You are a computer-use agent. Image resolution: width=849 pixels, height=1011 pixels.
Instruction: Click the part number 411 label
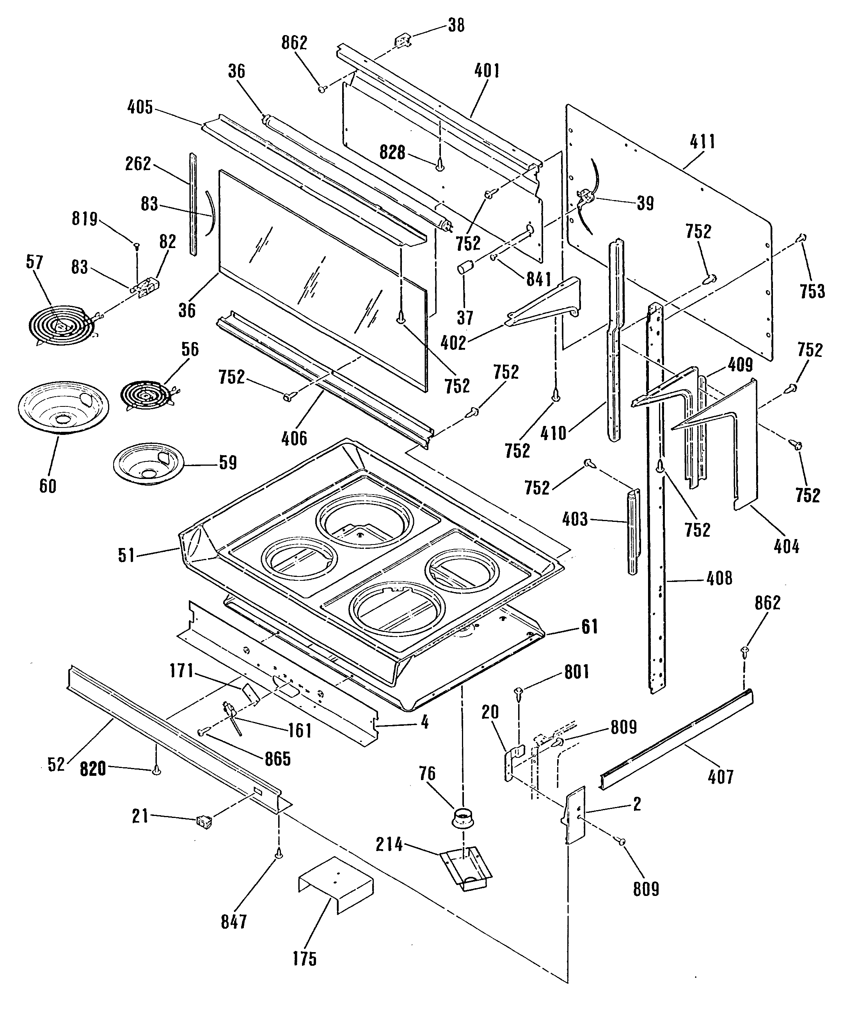coord(703,142)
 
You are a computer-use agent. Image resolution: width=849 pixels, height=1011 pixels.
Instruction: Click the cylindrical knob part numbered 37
coord(466,266)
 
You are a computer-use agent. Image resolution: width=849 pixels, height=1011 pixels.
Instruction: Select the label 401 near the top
coord(487,71)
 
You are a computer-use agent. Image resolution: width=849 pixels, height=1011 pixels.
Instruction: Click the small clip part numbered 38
coord(402,41)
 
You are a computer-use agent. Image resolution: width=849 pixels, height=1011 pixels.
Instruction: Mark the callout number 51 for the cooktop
coord(126,555)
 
